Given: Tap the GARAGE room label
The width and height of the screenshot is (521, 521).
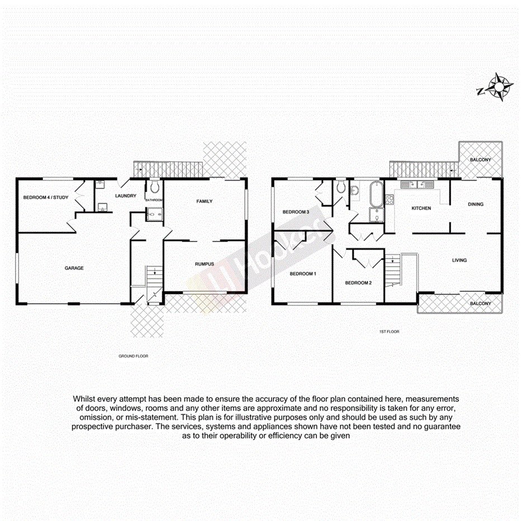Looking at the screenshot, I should (74, 268).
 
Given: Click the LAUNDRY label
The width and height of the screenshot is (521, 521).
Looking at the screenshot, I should (125, 196).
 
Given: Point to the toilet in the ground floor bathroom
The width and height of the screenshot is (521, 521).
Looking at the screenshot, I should (154, 187).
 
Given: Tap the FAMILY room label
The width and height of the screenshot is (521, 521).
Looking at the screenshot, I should (204, 201).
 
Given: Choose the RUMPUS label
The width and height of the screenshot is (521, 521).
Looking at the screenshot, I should (204, 263).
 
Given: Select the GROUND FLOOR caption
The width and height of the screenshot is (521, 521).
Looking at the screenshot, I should (133, 356).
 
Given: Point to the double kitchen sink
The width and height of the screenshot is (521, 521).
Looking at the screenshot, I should (421, 184).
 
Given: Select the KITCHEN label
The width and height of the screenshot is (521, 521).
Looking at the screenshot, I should (421, 208).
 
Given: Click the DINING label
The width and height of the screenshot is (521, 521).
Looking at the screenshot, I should (476, 204).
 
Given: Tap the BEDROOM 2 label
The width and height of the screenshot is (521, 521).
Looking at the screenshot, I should (358, 283).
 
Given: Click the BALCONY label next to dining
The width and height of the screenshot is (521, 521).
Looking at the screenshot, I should (480, 160).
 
